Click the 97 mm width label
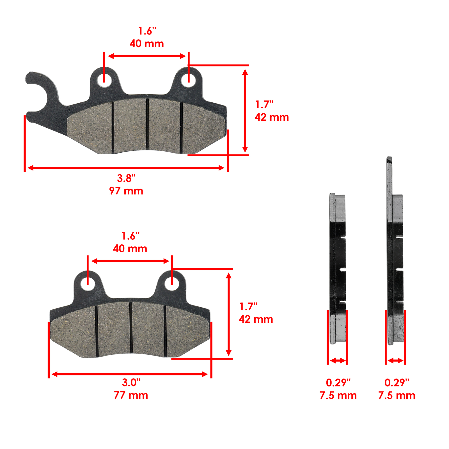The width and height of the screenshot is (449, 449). [x=126, y=191]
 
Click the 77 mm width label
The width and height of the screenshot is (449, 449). [x=131, y=395]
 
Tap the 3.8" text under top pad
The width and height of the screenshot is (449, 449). [x=126, y=178]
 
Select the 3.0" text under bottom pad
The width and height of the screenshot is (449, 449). [x=131, y=382]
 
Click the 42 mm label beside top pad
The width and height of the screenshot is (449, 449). [x=272, y=117]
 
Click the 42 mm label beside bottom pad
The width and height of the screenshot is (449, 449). [x=256, y=319]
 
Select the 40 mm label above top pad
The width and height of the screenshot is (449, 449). [x=147, y=44]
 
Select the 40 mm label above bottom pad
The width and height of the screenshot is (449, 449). [x=130, y=249]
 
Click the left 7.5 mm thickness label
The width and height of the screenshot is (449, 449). [x=338, y=395]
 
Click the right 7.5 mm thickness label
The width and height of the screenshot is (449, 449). [x=397, y=395]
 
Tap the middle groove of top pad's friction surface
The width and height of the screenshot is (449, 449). [x=147, y=123]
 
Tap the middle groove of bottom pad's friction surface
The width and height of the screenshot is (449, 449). [x=131, y=327]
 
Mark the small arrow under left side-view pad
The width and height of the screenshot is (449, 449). [x=338, y=361]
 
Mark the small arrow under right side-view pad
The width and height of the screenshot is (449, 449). [x=395, y=361]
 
